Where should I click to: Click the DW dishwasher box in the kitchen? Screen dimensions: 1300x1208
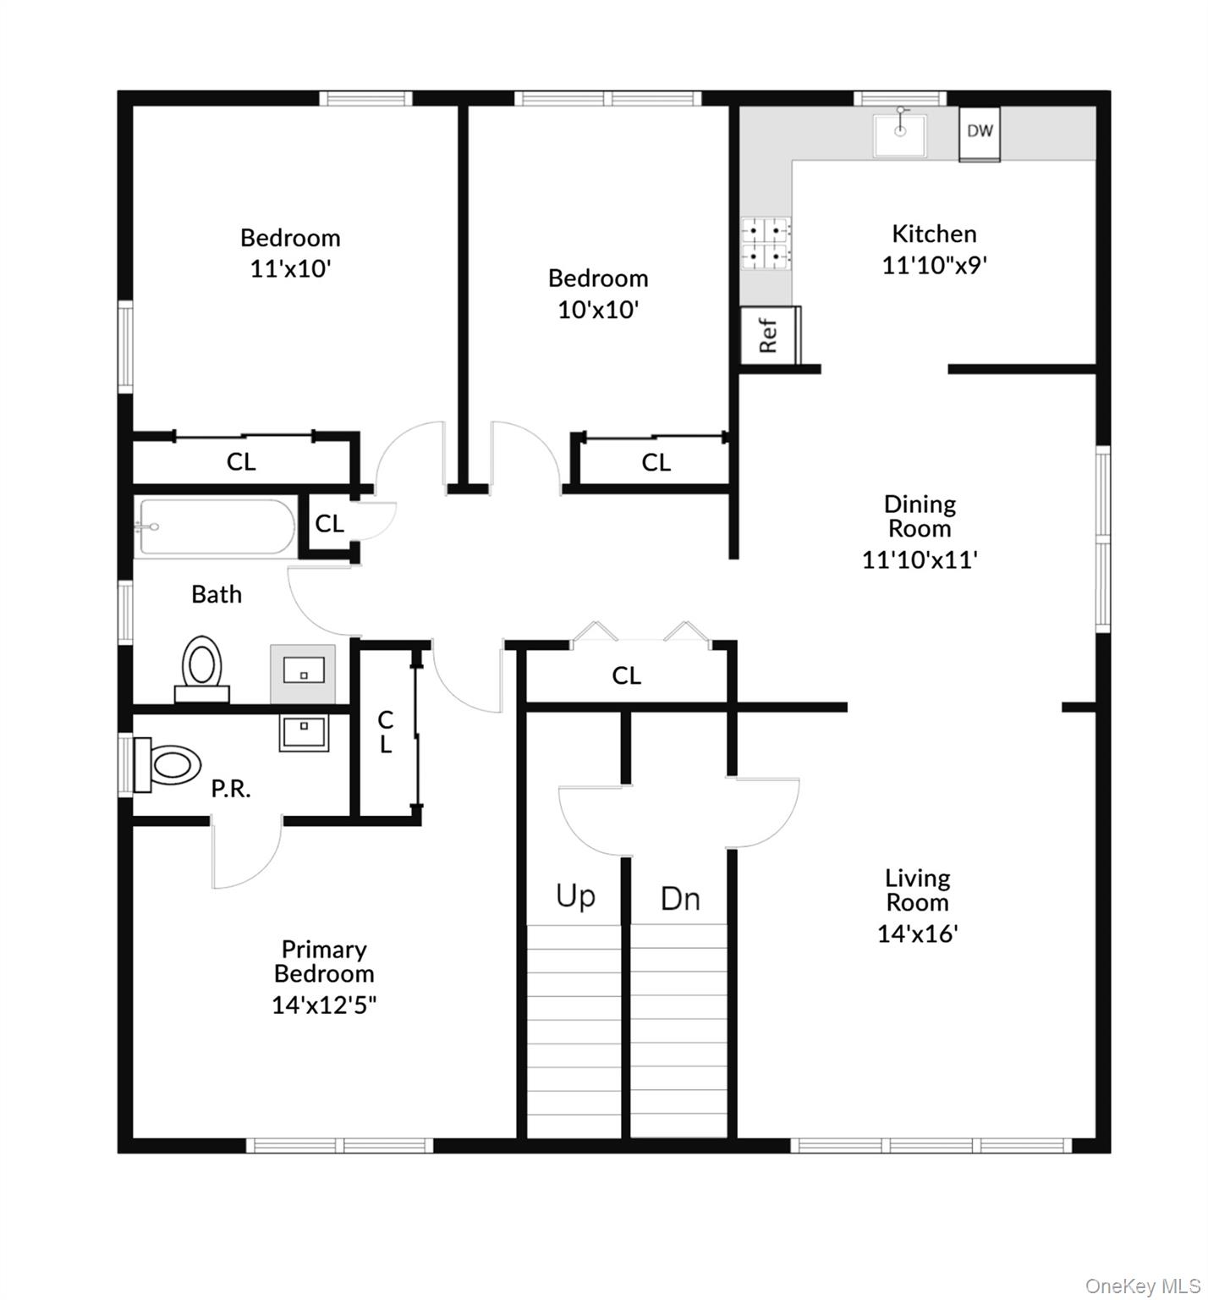[x=980, y=133]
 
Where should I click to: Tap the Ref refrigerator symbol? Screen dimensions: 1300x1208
[x=769, y=335]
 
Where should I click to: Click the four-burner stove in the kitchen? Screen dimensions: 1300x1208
[x=766, y=243]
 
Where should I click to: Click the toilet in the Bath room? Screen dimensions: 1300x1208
[x=202, y=668]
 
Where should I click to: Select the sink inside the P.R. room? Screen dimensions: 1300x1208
[x=303, y=733]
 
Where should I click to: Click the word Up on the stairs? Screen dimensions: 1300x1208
[x=575, y=895]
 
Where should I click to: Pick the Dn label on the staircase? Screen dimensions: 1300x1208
[x=680, y=899]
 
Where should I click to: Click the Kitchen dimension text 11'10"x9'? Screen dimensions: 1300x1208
[x=935, y=265]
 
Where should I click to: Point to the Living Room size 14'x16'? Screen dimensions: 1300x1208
[x=918, y=934]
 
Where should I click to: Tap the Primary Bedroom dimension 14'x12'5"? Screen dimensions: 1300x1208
[x=324, y=1005]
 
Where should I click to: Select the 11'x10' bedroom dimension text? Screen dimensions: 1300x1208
[x=290, y=268]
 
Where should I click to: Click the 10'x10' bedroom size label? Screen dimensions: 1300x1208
[x=598, y=309]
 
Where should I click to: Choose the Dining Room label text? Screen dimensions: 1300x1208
[x=920, y=515]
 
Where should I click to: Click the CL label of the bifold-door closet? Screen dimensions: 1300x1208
[x=626, y=675]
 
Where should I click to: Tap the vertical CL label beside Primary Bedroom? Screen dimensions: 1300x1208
[x=386, y=732]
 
